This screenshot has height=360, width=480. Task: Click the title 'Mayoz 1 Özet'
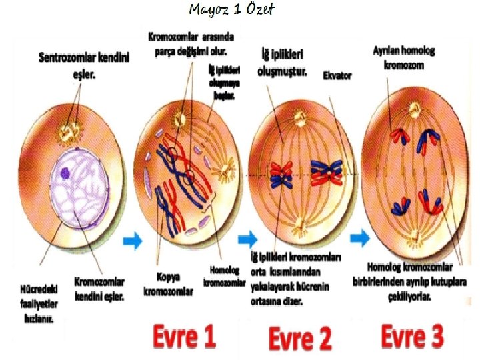(231, 10)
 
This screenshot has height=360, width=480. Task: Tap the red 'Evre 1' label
(184, 337)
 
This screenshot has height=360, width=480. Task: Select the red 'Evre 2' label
(300, 339)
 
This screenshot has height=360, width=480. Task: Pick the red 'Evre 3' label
(412, 336)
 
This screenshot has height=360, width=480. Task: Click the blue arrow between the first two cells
(133, 241)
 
